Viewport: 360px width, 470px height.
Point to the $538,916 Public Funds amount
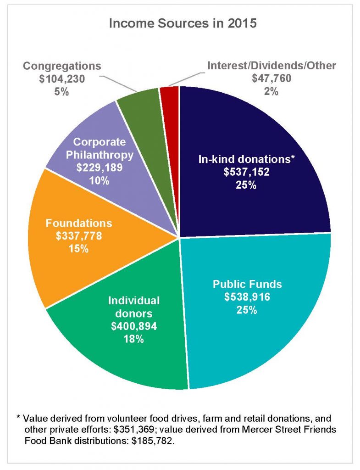pos(247,297)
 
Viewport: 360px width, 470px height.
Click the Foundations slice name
pos(79,224)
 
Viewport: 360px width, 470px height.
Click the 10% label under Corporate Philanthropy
pos(99,180)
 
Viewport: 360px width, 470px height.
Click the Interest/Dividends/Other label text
pos(272,66)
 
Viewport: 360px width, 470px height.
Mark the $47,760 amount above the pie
pos(272,78)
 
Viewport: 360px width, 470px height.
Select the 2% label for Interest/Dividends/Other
pos(272,91)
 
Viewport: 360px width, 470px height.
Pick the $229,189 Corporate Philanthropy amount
pos(99,168)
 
